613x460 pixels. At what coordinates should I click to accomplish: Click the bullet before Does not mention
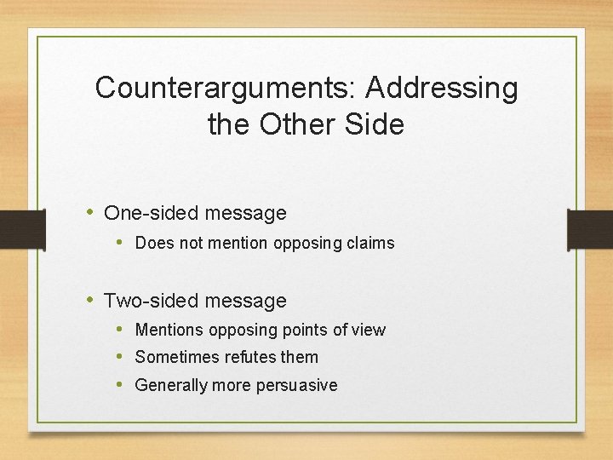[122, 243]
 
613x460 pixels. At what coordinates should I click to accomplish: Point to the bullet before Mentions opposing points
[122, 330]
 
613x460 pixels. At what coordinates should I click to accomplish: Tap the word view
[369, 330]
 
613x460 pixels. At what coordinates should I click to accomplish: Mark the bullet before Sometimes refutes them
[122, 357]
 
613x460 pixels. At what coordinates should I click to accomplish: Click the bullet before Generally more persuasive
[122, 385]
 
